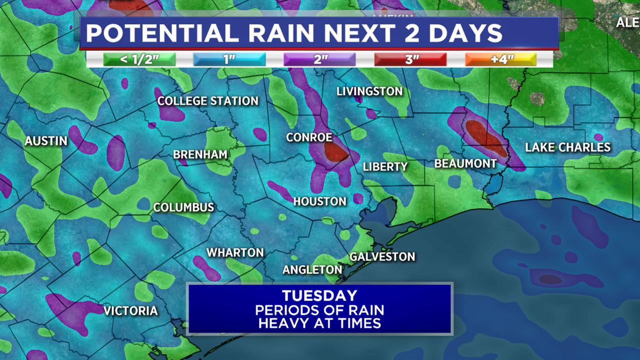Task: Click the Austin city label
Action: (46, 141)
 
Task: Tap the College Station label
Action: (207, 101)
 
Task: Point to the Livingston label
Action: (369, 91)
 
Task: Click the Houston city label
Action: (319, 201)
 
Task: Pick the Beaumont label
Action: (465, 163)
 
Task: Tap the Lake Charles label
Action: (567, 147)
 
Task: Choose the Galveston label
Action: (382, 256)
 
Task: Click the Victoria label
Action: (130, 310)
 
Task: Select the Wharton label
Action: (235, 252)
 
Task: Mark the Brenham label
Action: (200, 154)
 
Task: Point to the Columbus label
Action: (183, 207)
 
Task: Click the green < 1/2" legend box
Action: (139, 59)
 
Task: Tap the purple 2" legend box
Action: (319, 59)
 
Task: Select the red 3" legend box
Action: (410, 59)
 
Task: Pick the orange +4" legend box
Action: (500, 59)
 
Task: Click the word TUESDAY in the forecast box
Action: (319, 295)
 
